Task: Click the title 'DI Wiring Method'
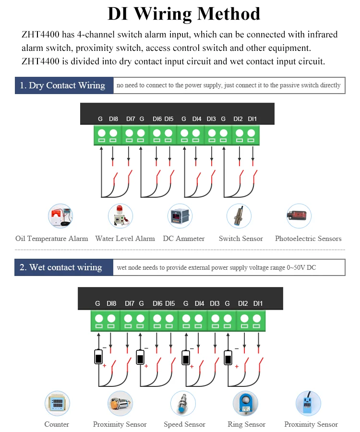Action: click(x=184, y=14)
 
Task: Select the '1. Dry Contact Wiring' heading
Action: click(x=63, y=85)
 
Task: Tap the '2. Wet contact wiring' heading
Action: click(x=61, y=267)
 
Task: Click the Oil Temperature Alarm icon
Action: click(x=60, y=216)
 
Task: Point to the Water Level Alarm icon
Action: click(x=120, y=216)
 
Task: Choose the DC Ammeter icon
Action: click(x=180, y=216)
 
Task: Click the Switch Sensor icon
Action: click(x=239, y=216)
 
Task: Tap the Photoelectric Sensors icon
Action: click(x=299, y=216)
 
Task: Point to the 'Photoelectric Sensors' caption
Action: click(x=308, y=239)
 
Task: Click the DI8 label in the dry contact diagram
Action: click(x=113, y=119)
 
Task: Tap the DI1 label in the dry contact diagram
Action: click(x=252, y=119)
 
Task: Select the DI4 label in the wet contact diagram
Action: click(x=199, y=303)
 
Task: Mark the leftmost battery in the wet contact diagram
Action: click(x=98, y=358)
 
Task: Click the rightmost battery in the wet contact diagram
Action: click(x=228, y=358)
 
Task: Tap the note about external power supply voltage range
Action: click(x=216, y=267)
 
